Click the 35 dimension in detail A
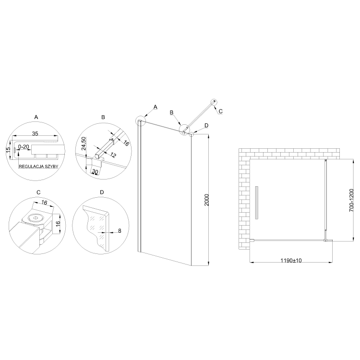pos(35,133)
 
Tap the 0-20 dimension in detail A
pos(24,147)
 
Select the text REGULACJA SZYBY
pos(38,167)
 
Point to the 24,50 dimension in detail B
pos(84,144)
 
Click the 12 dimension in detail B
pos(113,156)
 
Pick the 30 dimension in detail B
pos(95,171)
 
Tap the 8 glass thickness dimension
pos(120,231)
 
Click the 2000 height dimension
pos(206,200)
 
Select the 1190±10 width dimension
pos(291,260)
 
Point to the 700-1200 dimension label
pos(351,201)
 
